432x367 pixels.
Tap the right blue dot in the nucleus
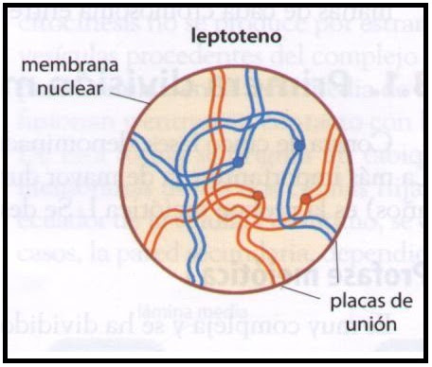(299, 147)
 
